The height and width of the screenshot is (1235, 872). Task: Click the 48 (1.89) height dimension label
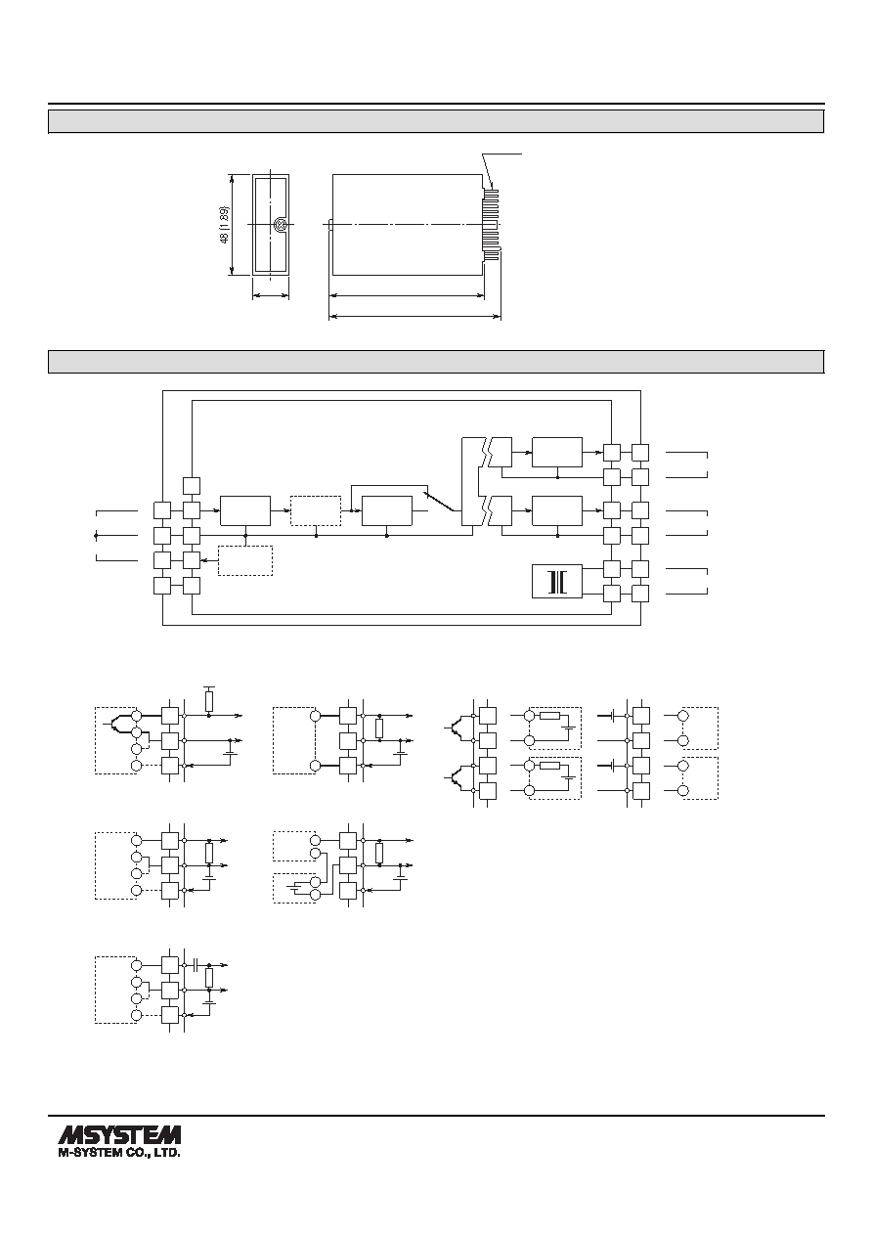(224, 225)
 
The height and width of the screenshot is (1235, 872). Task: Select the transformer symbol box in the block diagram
(556, 581)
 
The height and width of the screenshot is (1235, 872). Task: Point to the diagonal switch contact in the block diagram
(442, 501)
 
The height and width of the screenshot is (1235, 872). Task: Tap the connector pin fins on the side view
(491, 224)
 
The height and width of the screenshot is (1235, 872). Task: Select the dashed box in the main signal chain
(316, 510)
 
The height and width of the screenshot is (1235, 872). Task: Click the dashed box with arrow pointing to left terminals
(245, 560)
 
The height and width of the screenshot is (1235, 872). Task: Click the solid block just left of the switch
(387, 510)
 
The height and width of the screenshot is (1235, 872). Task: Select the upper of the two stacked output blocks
(556, 452)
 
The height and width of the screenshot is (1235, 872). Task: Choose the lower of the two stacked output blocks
(556, 510)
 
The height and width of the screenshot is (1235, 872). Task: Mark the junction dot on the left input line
(96, 535)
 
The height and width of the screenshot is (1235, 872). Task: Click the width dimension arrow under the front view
(271, 296)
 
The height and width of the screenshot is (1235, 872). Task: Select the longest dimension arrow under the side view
(414, 317)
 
